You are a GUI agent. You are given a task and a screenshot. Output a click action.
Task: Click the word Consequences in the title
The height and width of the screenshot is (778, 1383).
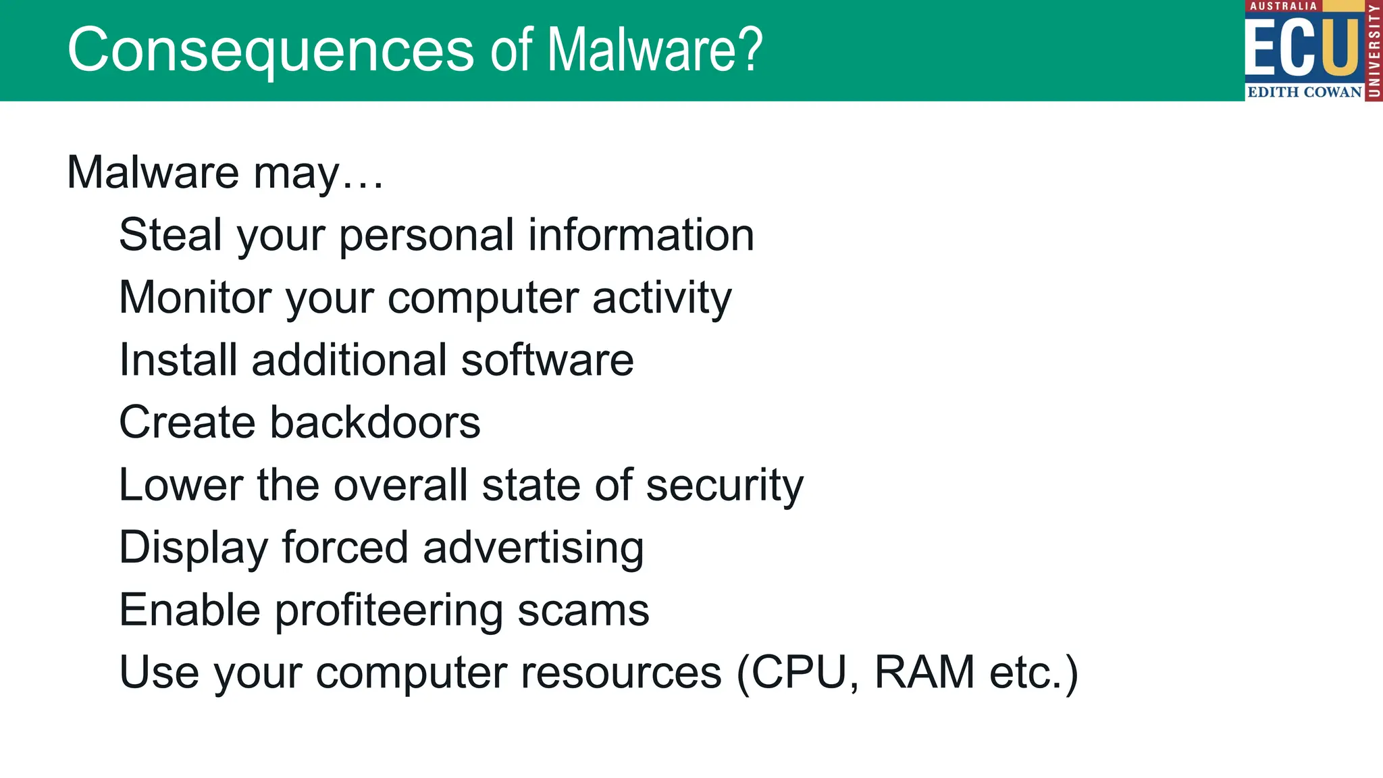(x=271, y=50)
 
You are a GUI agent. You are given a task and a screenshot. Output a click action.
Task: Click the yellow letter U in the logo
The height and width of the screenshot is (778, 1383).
(x=1340, y=47)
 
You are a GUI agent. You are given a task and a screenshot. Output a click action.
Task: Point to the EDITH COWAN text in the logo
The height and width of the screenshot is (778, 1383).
(x=1304, y=92)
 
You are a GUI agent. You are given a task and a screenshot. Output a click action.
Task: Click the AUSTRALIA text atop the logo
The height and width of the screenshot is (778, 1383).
(x=1283, y=6)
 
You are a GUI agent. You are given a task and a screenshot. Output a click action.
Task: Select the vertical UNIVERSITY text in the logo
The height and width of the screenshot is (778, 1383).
(x=1374, y=51)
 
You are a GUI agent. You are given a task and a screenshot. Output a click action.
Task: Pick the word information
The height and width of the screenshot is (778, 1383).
(x=641, y=235)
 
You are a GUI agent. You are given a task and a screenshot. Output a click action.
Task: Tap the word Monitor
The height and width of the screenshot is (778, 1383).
(x=195, y=297)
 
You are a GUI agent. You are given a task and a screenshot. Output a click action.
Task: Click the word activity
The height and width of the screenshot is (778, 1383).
(x=662, y=297)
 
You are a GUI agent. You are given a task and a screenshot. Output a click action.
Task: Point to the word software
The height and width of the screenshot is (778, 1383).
(x=548, y=360)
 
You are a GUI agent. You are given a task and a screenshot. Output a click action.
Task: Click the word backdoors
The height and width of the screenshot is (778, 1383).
(x=375, y=423)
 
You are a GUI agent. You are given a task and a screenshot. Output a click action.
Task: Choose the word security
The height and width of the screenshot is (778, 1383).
(x=725, y=485)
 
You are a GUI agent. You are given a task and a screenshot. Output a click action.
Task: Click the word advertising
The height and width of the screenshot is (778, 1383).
(x=533, y=547)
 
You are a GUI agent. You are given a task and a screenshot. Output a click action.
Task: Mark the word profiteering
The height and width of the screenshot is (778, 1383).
(x=389, y=610)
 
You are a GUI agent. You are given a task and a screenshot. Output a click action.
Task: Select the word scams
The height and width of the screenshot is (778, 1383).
(x=583, y=610)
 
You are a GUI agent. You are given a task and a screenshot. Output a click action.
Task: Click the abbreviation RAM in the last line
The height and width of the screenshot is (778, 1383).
(x=924, y=673)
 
